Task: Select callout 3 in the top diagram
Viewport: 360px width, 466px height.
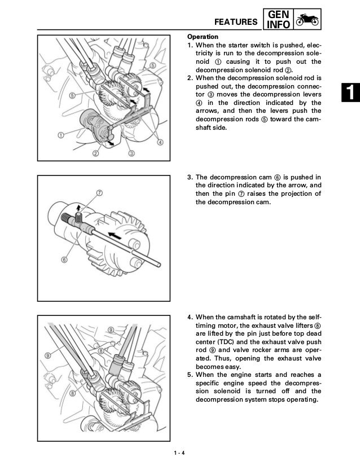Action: tap(131, 153)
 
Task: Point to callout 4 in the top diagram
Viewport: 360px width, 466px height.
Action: tap(160, 142)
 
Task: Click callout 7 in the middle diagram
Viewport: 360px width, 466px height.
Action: tap(99, 192)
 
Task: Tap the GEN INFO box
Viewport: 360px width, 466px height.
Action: tap(279, 19)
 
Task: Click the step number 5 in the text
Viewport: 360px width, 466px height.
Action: tap(190, 375)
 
